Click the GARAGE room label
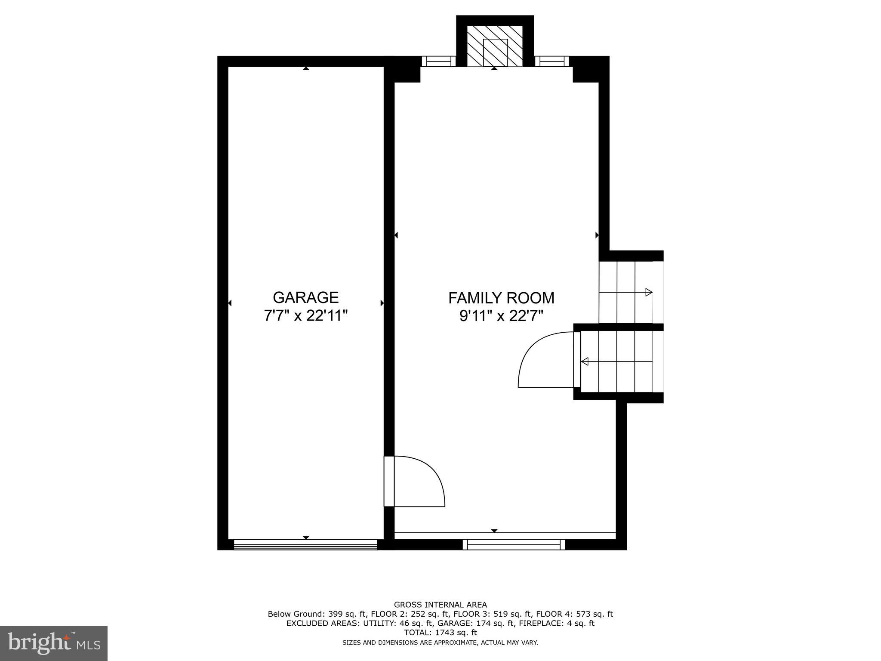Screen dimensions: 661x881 click(x=305, y=297)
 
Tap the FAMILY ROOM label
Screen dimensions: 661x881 click(x=501, y=298)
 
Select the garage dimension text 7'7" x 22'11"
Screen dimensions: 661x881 click(x=305, y=316)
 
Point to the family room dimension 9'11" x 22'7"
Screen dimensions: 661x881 click(x=501, y=316)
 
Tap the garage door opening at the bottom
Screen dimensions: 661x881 click(x=305, y=545)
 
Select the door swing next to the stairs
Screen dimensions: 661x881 click(x=547, y=360)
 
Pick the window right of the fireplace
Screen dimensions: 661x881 click(x=551, y=62)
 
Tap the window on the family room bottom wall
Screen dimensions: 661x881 click(x=514, y=545)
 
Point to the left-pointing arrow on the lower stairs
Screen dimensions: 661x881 click(x=585, y=361)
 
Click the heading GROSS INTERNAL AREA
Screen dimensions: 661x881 click(x=440, y=605)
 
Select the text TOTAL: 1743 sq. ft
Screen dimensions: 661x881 click(x=440, y=633)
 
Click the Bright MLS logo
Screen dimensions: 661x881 click(x=54, y=643)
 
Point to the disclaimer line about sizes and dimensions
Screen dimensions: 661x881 click(x=440, y=642)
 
